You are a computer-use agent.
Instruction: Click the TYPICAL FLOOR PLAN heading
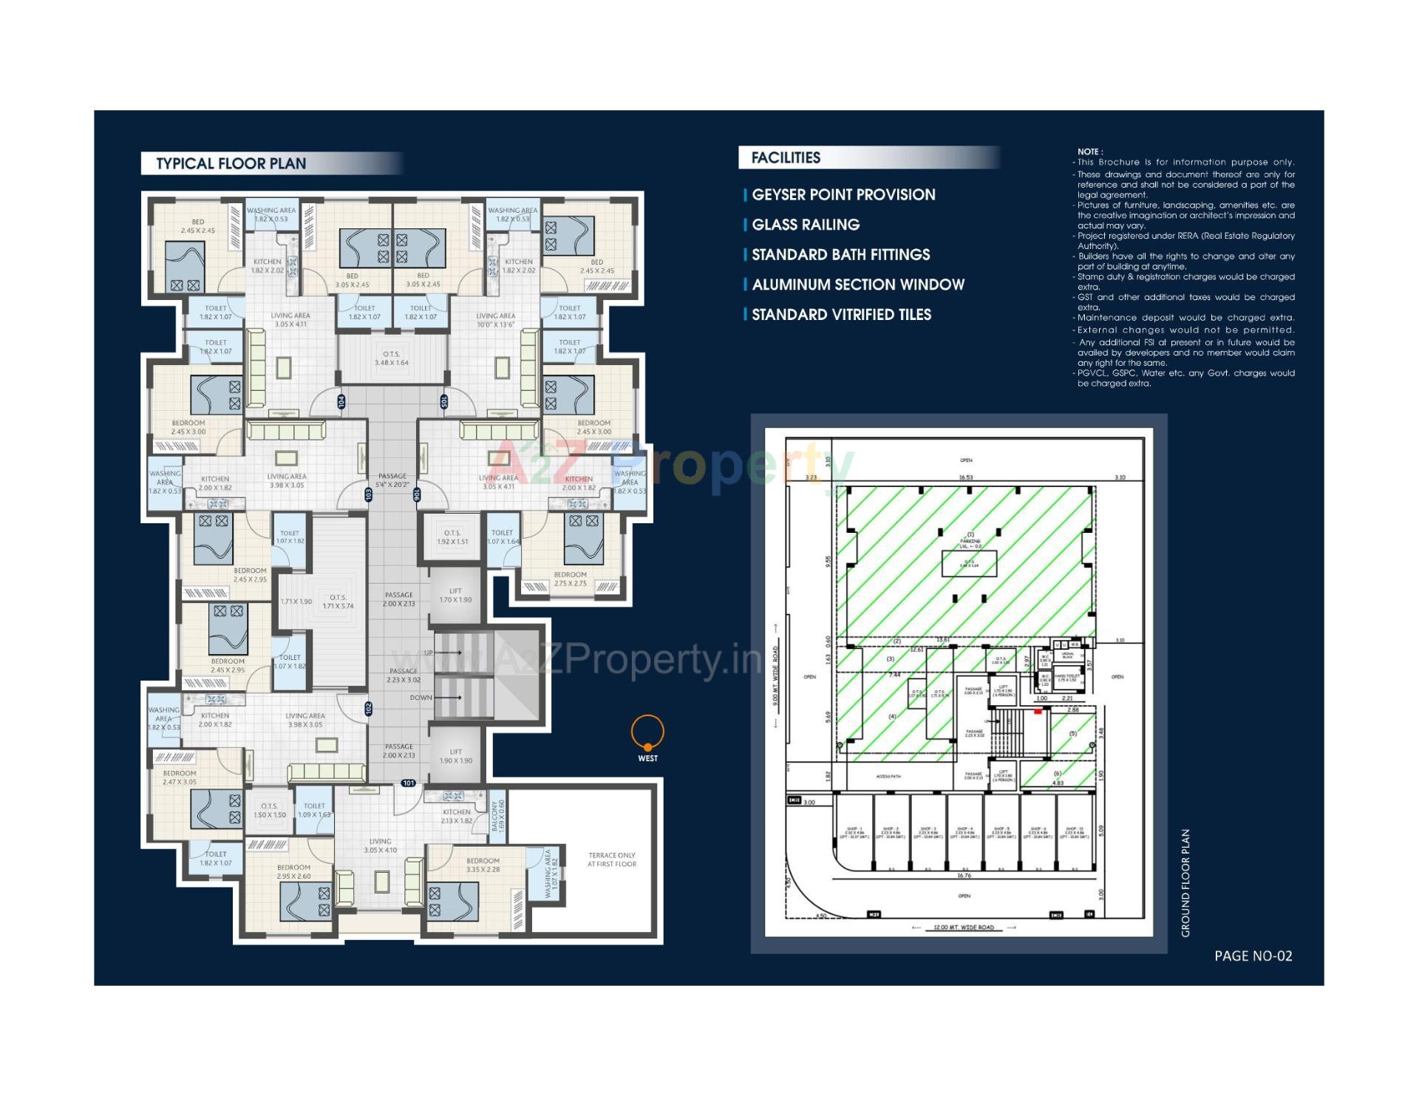(x=231, y=163)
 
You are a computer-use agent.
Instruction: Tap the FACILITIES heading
(x=785, y=157)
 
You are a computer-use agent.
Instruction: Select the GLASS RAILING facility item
(x=805, y=225)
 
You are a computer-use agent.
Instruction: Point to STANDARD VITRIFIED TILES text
(x=840, y=315)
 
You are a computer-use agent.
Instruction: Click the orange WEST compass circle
(x=647, y=732)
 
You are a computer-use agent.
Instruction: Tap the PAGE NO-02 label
(x=1253, y=956)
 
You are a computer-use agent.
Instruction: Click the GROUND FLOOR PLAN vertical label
(x=1185, y=882)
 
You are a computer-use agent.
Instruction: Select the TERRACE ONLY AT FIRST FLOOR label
(x=611, y=860)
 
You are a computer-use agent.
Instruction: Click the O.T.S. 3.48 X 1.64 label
(x=391, y=358)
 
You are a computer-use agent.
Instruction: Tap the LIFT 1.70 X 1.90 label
(x=455, y=595)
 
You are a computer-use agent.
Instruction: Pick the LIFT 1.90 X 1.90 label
(x=455, y=756)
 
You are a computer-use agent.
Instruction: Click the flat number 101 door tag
(x=408, y=783)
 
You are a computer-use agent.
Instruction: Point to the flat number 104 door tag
(x=341, y=401)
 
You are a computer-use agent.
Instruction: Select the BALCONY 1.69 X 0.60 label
(x=498, y=816)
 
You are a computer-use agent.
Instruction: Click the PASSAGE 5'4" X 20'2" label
(x=392, y=480)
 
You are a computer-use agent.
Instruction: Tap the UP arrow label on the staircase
(x=429, y=653)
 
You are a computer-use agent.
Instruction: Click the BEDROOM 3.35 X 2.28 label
(x=483, y=865)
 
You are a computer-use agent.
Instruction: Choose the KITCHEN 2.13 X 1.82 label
(x=456, y=816)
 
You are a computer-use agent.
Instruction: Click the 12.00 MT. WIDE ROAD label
(x=964, y=927)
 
